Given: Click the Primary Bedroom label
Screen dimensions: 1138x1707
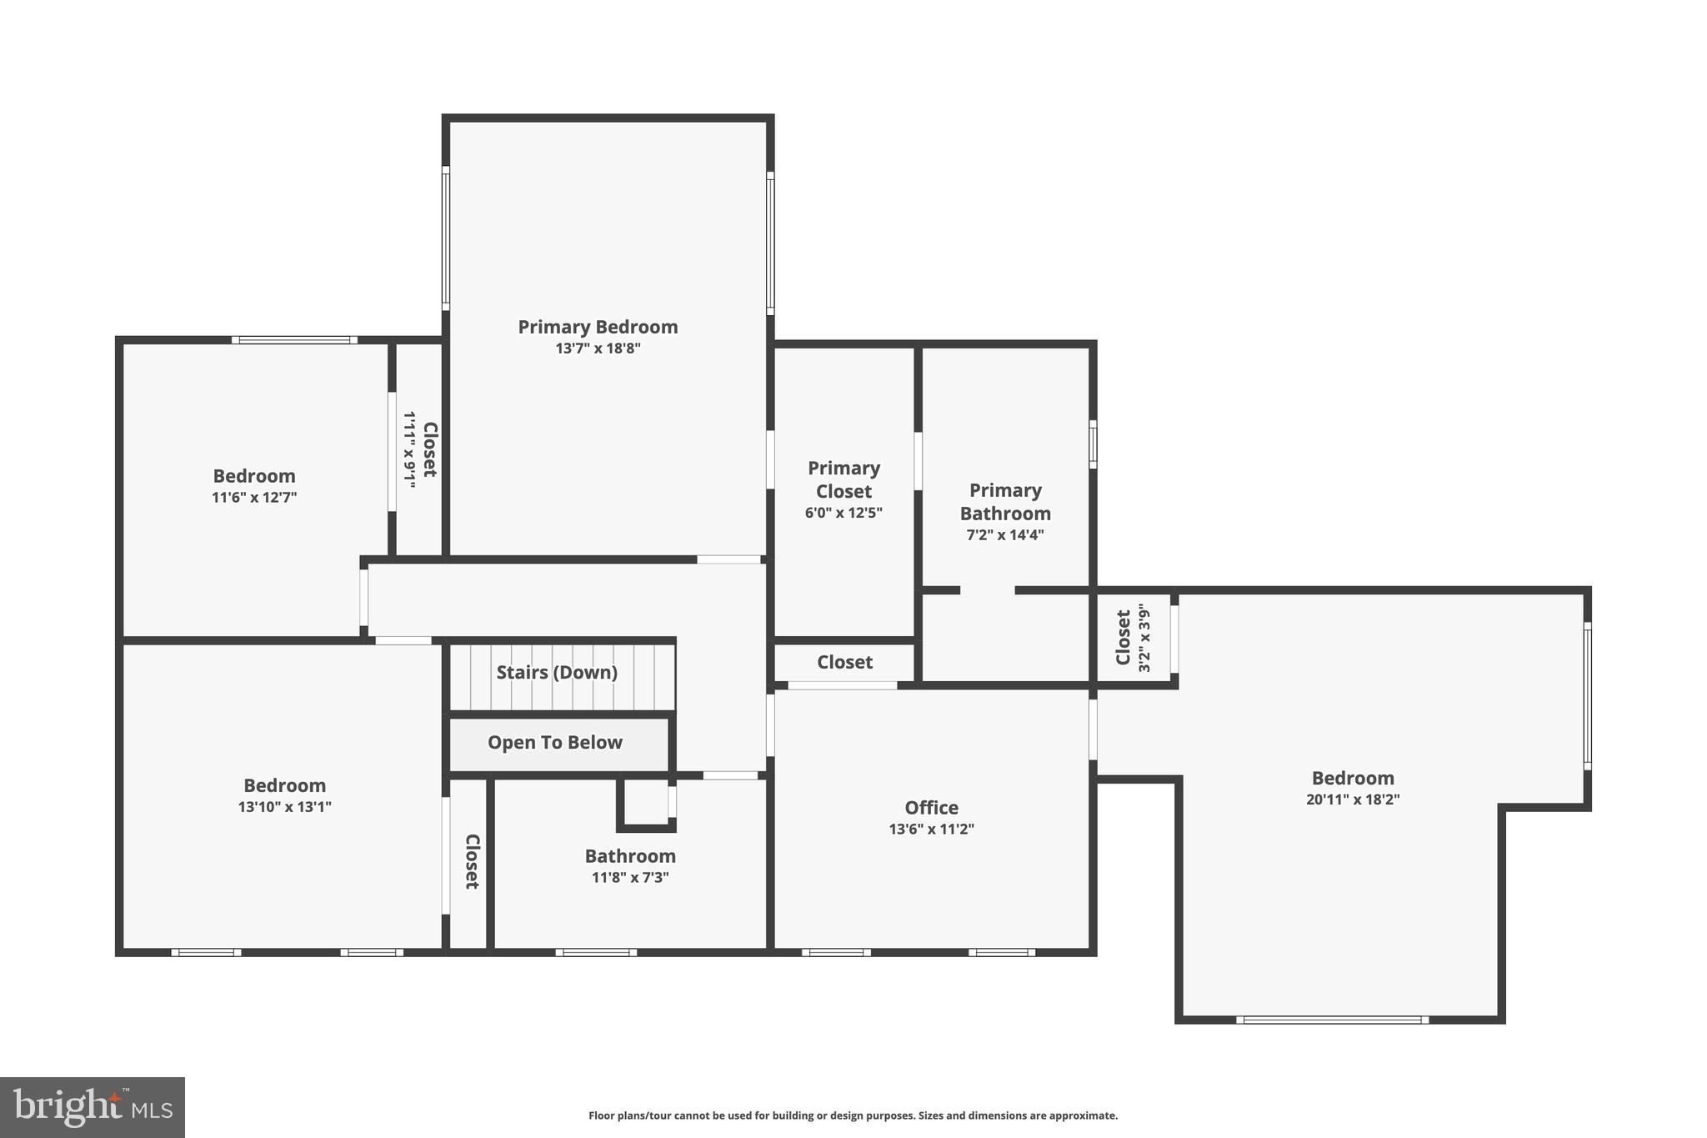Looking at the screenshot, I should pos(598,327).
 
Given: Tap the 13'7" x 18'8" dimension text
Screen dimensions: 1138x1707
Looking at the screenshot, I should pos(598,348).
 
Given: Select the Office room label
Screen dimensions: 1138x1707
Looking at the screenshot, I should pos(931,807).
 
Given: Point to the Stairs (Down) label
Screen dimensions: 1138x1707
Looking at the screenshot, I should pos(557,672).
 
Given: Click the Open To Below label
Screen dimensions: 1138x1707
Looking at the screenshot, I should pos(555,742).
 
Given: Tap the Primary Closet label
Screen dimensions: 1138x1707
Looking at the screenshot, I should pos(843,479).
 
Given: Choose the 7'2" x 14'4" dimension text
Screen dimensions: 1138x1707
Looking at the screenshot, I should pos(1004,535).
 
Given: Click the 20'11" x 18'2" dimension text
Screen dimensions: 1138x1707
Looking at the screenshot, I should pos(1352,800).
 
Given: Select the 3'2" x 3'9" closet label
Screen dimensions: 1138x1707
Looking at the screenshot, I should pos(1133,638).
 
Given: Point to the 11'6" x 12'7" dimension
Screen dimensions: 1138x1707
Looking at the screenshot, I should pos(254,498).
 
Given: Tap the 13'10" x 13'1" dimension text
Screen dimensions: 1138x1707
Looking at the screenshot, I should pos(284,807).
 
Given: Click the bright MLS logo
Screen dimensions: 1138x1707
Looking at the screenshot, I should pos(92,1107).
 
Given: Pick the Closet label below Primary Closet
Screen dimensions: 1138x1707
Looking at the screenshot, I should pos(844,662).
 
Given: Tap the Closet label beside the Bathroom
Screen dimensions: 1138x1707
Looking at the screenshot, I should pos(471,861).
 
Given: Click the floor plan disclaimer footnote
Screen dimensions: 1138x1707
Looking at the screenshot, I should pos(853,1115).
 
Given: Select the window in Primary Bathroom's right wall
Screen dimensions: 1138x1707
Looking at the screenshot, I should pos(1093,444).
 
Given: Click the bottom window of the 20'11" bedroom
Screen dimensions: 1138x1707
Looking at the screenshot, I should pos(1332,1020).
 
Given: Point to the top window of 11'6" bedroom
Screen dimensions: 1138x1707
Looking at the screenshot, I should pos(294,340).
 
